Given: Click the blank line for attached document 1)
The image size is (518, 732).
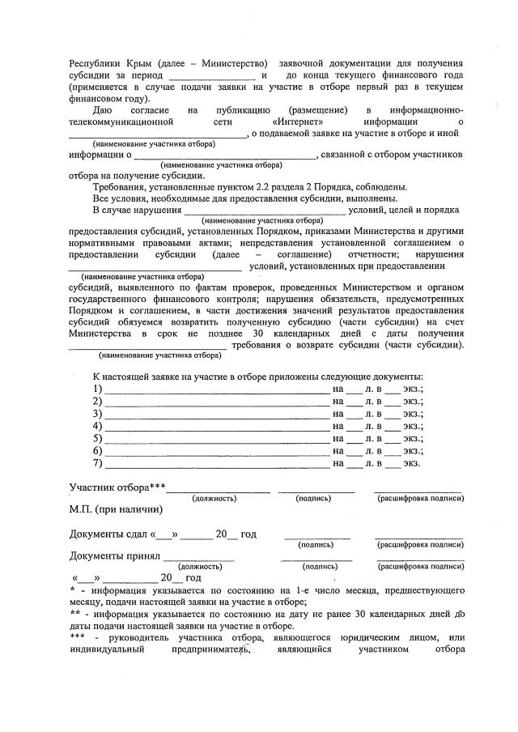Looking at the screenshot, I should point(216,390).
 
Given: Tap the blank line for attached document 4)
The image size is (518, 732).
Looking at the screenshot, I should point(216,427).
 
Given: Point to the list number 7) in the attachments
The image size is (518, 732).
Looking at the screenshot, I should point(98,463).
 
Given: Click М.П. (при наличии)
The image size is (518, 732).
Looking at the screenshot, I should point(116,509).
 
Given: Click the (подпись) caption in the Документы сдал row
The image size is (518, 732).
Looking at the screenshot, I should point(316,545).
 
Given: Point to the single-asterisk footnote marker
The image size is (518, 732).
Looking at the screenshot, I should point(72,590).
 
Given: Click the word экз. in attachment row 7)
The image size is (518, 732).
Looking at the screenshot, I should point(412,463).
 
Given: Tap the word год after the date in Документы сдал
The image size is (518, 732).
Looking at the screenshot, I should point(249,534).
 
